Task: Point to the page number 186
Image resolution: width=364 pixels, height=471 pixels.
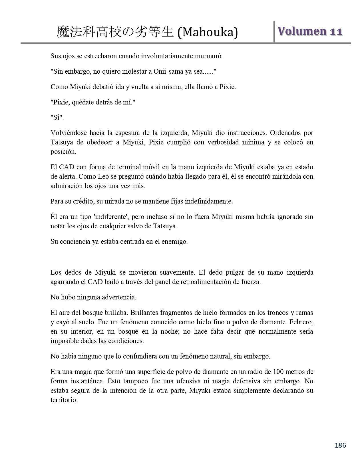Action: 340,445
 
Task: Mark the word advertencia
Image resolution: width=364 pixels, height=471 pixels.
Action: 118,297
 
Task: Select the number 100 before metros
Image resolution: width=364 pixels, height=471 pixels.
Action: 278,372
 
